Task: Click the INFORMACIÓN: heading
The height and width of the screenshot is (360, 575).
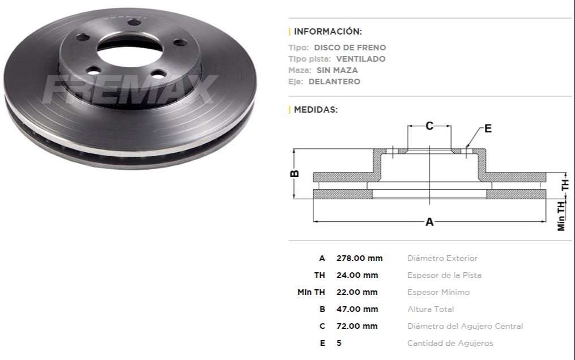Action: click(327, 32)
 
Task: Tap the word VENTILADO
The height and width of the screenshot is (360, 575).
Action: click(360, 59)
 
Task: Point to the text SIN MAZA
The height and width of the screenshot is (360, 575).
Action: click(337, 70)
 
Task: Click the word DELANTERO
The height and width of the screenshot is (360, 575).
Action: click(334, 82)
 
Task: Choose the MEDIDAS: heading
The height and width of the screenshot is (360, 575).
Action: click(316, 110)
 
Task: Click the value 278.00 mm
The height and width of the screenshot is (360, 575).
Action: click(359, 258)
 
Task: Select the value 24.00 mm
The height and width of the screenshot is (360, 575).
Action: click(357, 275)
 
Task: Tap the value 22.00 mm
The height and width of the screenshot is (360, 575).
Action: click(357, 292)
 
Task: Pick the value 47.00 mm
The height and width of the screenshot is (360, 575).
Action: click(357, 309)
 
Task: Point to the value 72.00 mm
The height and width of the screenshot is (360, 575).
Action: click(357, 326)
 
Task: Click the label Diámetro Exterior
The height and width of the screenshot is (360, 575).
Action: click(442, 258)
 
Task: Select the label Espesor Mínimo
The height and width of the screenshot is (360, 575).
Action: click(438, 292)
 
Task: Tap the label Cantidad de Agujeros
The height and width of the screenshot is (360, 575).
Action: click(450, 343)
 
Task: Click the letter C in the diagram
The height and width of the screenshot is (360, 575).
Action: click(429, 126)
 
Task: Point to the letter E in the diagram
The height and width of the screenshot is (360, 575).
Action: click(488, 128)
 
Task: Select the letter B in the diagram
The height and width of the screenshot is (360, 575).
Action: click(295, 174)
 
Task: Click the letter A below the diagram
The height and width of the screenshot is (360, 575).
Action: click(429, 222)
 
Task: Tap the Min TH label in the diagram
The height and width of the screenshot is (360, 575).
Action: click(561, 216)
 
